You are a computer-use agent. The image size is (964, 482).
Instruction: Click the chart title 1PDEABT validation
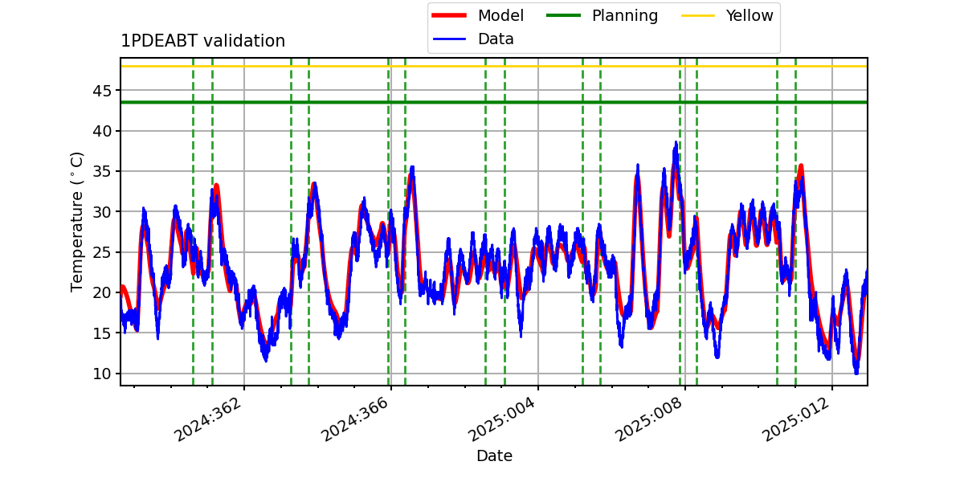[202, 41]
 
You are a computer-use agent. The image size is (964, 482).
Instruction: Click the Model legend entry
[478, 15]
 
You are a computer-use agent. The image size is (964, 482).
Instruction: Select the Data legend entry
[473, 39]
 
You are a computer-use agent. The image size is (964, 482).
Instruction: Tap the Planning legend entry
[602, 15]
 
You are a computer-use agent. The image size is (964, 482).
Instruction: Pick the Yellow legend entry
[727, 15]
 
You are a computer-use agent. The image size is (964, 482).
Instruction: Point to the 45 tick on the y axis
[101, 91]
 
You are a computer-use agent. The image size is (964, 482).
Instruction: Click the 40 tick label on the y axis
[101, 131]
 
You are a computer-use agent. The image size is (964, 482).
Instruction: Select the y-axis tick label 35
[101, 171]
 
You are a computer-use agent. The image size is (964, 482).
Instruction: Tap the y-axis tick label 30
[101, 212]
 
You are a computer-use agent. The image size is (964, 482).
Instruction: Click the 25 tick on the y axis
[101, 252]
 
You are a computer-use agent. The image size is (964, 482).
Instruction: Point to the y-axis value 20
[101, 292]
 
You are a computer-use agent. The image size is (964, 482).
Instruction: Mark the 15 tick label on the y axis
[101, 333]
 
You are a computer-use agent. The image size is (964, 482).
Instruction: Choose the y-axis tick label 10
[101, 374]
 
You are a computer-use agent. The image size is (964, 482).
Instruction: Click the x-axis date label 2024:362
[207, 419]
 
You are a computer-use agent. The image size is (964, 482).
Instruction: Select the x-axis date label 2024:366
[354, 419]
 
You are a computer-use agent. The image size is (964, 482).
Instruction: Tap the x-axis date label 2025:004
[501, 419]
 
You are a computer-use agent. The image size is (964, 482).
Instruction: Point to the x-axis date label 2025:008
[648, 419]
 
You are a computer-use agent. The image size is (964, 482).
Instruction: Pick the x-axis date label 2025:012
[795, 419]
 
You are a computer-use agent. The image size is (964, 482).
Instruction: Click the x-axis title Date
[494, 455]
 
